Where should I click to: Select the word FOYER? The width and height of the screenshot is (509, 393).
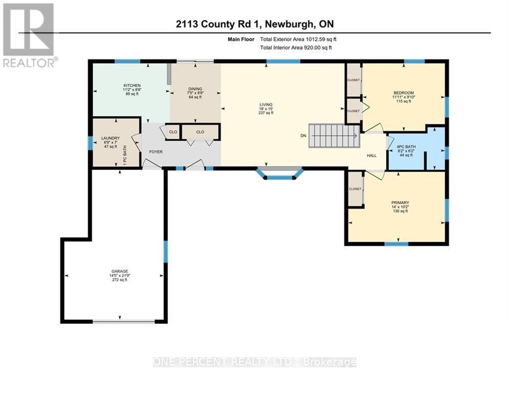coord(156,151)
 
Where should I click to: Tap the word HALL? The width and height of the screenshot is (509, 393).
coord(372,156)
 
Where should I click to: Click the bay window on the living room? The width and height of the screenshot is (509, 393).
coord(279,174)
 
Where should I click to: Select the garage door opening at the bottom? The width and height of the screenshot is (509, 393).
coord(123,321)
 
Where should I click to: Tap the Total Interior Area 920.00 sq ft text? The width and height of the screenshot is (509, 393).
coord(296,48)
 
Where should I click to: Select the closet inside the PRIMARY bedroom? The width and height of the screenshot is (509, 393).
coord(355,189)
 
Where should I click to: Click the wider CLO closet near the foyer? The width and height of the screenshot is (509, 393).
coord(200,132)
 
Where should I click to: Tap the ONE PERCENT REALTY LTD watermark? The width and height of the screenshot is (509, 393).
coord(254,362)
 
